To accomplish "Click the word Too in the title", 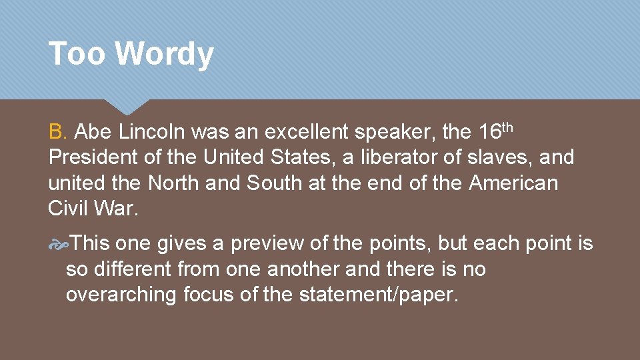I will pyautogui.click(x=77, y=53).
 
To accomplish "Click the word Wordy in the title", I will pyautogui.click(x=165, y=55).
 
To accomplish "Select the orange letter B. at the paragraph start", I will pyautogui.click(x=57, y=132).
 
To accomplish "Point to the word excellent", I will pyautogui.click(x=307, y=132).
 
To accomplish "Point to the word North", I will pyautogui.click(x=174, y=183).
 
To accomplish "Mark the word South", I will pyautogui.click(x=275, y=183).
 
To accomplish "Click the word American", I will pyautogui.click(x=513, y=183).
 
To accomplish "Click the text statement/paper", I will pyautogui.click(x=378, y=295).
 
